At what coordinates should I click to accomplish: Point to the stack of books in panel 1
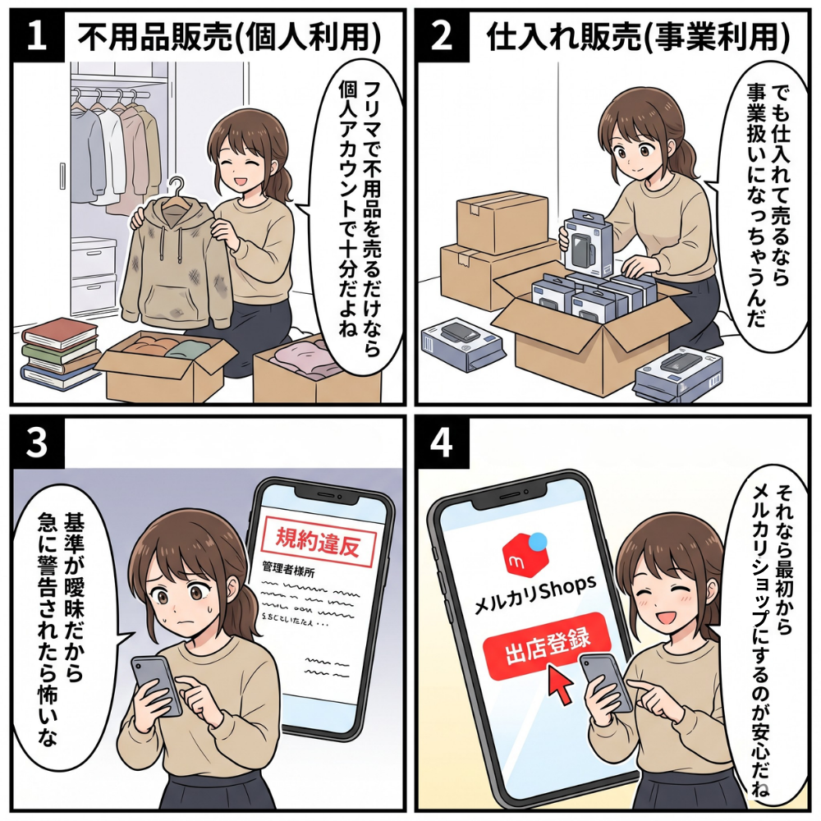(60, 353)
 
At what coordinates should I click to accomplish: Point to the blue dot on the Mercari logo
(538, 541)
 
